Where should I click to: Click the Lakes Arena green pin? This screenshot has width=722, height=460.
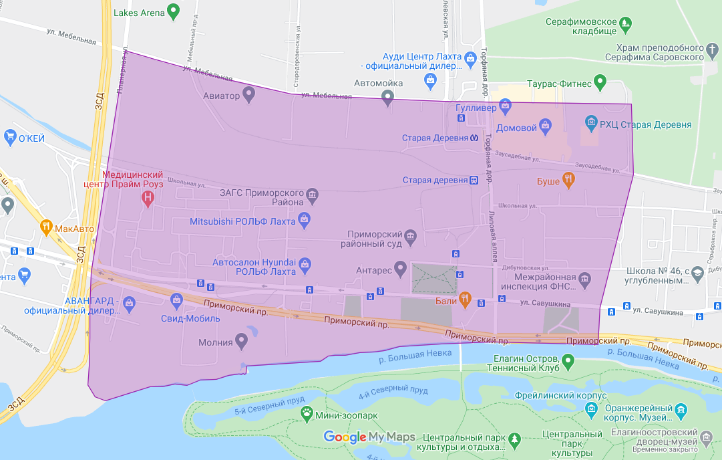click(174, 11)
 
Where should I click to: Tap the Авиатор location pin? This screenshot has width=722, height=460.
click(249, 94)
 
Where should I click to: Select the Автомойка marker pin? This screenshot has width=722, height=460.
click(387, 98)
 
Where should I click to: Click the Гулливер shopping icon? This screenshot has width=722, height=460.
click(506, 106)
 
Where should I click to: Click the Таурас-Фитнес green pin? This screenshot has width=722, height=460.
click(600, 82)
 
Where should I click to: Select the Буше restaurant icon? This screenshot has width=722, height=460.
click(568, 179)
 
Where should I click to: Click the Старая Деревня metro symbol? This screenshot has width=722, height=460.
click(474, 138)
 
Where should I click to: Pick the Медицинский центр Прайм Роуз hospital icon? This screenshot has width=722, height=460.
click(148, 198)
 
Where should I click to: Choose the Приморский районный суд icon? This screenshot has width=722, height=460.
click(410, 237)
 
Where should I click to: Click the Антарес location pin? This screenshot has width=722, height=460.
click(401, 269)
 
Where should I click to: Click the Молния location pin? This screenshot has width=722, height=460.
click(242, 342)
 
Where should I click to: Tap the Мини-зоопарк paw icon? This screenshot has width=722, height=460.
click(307, 414)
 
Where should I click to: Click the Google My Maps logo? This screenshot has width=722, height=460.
click(369, 437)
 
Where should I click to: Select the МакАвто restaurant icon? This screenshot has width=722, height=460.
click(46, 227)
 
